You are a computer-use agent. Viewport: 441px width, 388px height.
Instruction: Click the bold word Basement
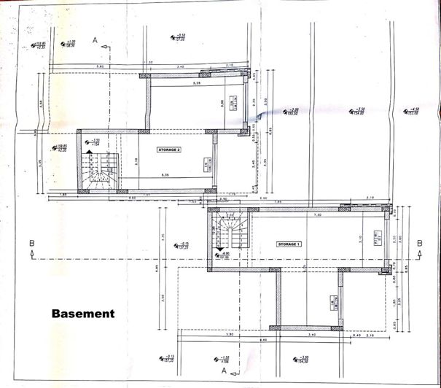click(x=83, y=314)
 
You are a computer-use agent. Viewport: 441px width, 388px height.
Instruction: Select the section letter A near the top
click(x=95, y=40)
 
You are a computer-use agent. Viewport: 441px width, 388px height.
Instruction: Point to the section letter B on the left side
click(x=31, y=244)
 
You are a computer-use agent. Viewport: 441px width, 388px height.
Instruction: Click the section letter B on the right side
click(x=419, y=244)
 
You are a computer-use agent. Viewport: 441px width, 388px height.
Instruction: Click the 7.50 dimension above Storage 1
click(x=317, y=216)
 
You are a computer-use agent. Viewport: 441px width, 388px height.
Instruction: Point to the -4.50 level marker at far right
click(x=412, y=111)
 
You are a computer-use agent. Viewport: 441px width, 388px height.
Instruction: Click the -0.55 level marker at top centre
click(x=177, y=36)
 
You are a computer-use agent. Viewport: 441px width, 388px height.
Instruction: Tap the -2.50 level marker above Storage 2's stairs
click(x=95, y=141)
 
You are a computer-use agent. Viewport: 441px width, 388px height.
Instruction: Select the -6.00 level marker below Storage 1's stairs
click(x=225, y=255)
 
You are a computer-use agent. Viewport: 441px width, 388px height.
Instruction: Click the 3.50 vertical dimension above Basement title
click(x=163, y=297)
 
